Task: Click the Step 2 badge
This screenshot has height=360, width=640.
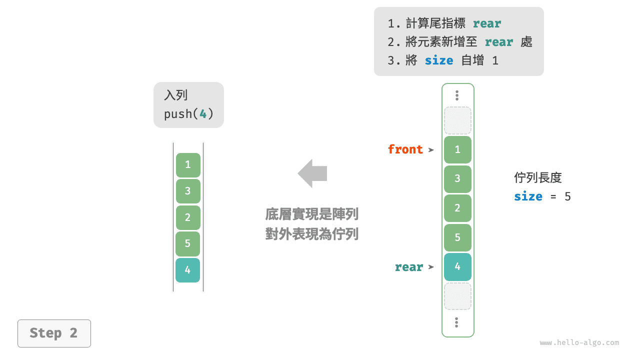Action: [54, 333]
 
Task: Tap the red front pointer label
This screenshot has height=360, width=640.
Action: [405, 149]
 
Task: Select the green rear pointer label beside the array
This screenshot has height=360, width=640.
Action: [408, 267]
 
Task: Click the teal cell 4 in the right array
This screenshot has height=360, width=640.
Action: [457, 266]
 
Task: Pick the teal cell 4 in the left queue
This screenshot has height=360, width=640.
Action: [187, 270]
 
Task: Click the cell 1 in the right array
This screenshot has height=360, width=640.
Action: [457, 149]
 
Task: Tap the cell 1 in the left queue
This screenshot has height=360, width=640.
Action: [187, 165]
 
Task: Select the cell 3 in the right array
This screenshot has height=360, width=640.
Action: [457, 179]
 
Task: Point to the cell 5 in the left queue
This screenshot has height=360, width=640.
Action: [187, 243]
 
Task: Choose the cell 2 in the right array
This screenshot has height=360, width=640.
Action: [457, 208]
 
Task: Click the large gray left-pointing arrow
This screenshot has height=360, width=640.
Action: [312, 173]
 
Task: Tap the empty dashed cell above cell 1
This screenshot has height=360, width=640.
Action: [457, 120]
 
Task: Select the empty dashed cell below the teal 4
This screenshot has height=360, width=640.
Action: [457, 296]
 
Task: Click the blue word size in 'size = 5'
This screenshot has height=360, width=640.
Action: [528, 196]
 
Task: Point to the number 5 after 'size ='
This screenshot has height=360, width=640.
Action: [567, 196]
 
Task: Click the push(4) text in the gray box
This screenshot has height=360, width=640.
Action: [188, 114]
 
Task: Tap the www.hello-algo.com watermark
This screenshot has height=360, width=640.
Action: [579, 343]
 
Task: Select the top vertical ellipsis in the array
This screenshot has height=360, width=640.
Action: [457, 95]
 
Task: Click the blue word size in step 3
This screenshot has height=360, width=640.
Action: [438, 61]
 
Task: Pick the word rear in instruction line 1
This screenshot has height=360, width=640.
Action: [486, 23]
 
